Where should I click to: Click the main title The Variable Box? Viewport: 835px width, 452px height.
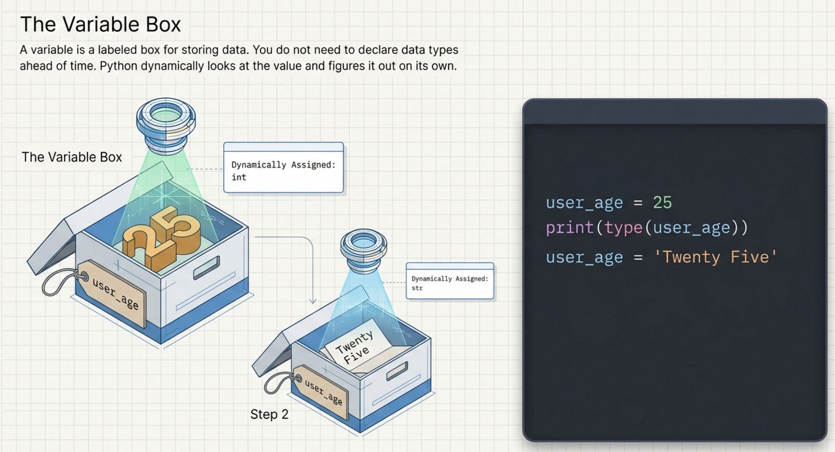[100, 24]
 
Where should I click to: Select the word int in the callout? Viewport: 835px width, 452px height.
[239, 177]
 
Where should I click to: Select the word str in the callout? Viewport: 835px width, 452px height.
[417, 288]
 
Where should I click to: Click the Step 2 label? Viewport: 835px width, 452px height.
[270, 414]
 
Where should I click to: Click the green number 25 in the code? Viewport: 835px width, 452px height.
[662, 202]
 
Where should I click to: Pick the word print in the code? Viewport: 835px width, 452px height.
[570, 228]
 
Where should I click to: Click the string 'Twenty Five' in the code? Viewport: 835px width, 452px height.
[716, 258]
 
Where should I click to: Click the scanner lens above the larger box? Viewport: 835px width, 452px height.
[166, 125]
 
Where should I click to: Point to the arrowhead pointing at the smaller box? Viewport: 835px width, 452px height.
[313, 300]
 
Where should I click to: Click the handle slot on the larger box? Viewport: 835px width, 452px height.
[206, 267]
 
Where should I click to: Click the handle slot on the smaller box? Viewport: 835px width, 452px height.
[397, 371]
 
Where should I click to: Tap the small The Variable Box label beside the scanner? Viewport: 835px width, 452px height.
[72, 157]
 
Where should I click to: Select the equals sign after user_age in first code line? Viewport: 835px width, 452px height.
[638, 203]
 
